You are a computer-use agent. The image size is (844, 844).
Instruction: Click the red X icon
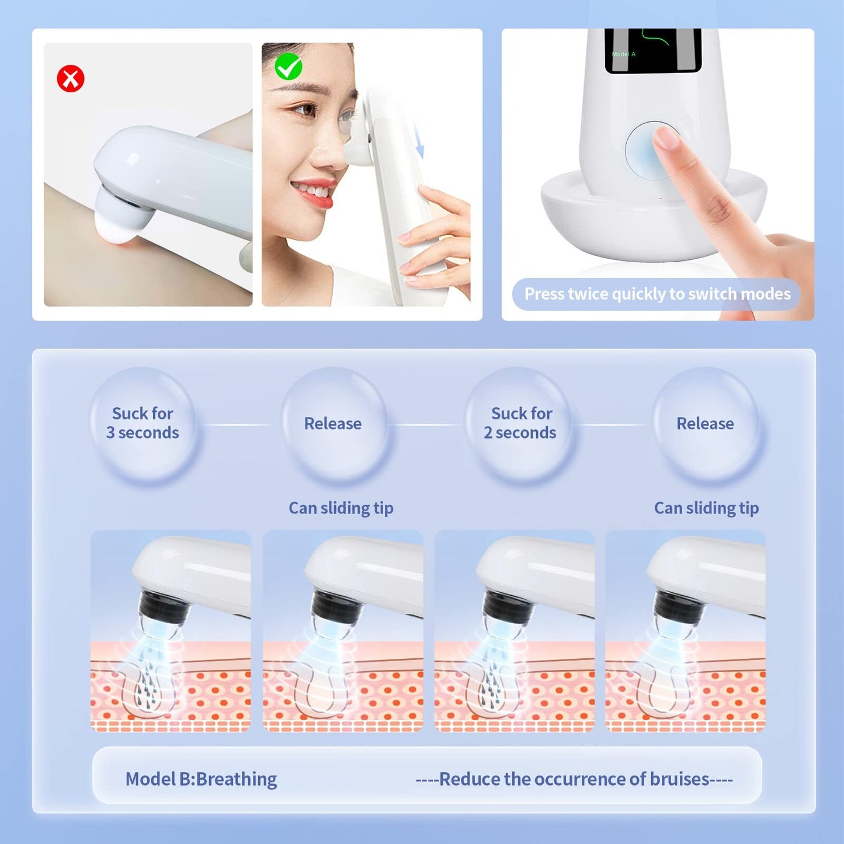click(71, 79)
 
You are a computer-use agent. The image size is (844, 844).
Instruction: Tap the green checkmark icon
click(288, 67)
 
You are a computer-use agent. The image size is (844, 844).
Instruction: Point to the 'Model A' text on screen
click(624, 54)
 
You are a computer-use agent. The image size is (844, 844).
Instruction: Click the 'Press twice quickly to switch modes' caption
click(658, 294)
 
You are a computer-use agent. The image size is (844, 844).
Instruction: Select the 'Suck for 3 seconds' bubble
click(143, 423)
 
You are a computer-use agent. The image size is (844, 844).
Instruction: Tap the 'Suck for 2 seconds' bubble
click(520, 423)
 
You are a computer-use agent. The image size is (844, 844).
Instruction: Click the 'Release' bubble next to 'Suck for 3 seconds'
click(333, 423)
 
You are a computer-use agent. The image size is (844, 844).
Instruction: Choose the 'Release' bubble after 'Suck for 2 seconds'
click(705, 423)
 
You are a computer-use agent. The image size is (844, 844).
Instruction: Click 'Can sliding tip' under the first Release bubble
click(341, 508)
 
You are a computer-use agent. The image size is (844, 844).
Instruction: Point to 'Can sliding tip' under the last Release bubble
click(707, 508)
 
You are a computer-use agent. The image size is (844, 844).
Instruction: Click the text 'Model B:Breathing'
click(201, 779)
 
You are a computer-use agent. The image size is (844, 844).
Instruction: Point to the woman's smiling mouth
click(312, 193)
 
